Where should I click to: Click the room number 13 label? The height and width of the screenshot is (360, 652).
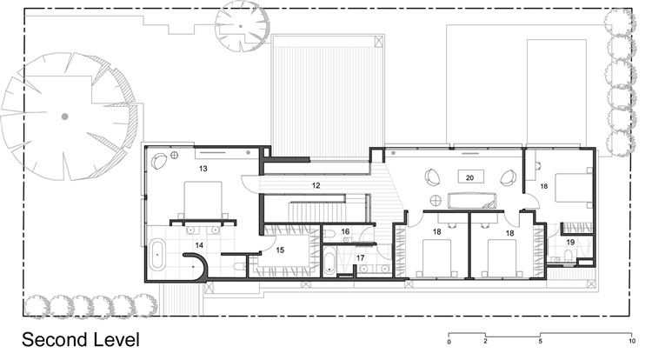(x=203, y=169)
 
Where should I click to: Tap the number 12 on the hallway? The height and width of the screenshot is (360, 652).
(x=316, y=185)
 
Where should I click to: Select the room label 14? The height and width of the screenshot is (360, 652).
(x=199, y=245)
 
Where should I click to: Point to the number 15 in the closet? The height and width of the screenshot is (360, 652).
(x=280, y=250)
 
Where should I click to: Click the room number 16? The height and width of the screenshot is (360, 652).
(x=345, y=231)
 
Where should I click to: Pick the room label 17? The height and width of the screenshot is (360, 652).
(x=360, y=258)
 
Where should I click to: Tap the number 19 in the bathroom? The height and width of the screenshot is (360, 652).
(x=570, y=242)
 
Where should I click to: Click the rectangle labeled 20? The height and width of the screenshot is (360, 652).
(x=470, y=177)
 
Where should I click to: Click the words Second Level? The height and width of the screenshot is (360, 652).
(x=81, y=340)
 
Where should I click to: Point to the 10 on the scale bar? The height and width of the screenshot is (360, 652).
(x=632, y=342)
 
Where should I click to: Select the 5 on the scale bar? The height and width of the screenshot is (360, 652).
(x=540, y=342)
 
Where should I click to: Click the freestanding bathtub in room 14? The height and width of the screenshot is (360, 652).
(x=157, y=253)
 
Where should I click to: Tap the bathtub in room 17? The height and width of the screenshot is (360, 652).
(x=329, y=260)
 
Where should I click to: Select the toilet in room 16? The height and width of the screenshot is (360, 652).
(x=327, y=236)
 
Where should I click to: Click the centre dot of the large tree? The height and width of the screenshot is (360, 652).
(x=64, y=117)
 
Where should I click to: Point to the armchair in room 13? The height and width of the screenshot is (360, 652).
(x=159, y=161)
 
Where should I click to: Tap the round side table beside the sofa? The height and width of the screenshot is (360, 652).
(x=436, y=200)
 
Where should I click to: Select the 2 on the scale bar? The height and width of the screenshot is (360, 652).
(x=485, y=342)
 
